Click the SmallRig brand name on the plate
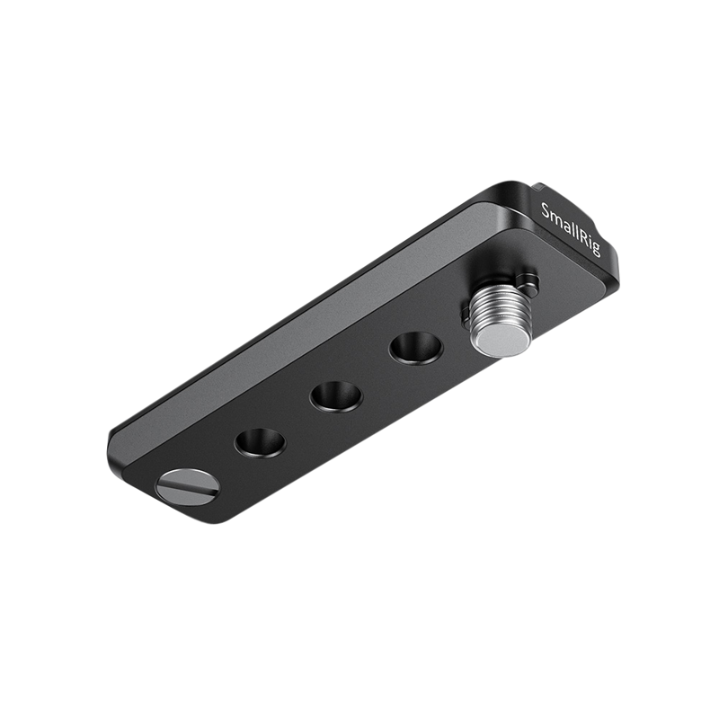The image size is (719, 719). click(x=572, y=231)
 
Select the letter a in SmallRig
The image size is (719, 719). click(x=564, y=225)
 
